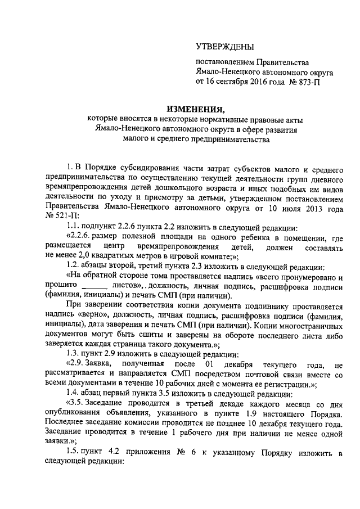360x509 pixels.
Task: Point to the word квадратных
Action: (x=103, y=257)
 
